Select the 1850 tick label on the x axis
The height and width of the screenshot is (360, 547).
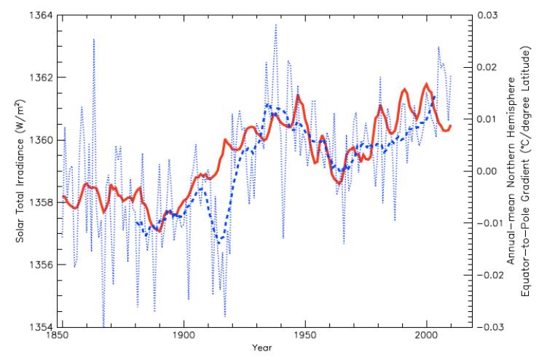point(62,337)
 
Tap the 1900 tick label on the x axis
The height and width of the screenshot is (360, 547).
point(184,337)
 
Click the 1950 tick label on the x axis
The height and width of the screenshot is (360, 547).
point(305,337)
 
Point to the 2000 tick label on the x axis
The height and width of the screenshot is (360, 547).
point(426,337)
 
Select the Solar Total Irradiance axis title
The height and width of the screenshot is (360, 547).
point(15,171)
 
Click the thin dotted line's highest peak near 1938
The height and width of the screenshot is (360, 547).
point(275,25)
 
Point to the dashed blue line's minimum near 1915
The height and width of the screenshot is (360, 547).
point(219,240)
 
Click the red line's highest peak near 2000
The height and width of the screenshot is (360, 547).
point(426,85)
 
